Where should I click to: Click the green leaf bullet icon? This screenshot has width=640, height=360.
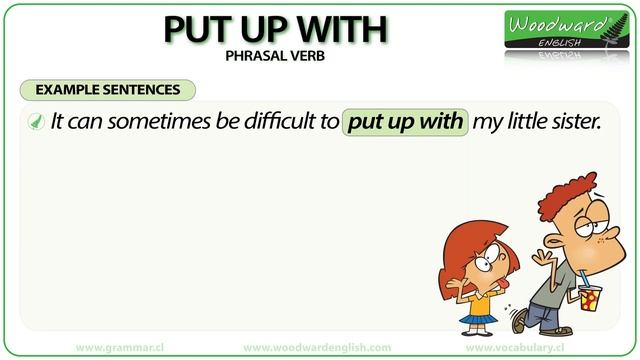pyautogui.click(x=35, y=123)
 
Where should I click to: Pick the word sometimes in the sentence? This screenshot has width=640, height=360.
pyautogui.click(x=146, y=123)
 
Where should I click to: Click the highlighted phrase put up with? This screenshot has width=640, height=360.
pyautogui.click(x=404, y=123)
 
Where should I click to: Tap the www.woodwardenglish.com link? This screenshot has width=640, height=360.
pyautogui.click(x=317, y=347)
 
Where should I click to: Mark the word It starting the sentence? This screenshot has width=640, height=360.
pyautogui.click(x=59, y=123)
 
